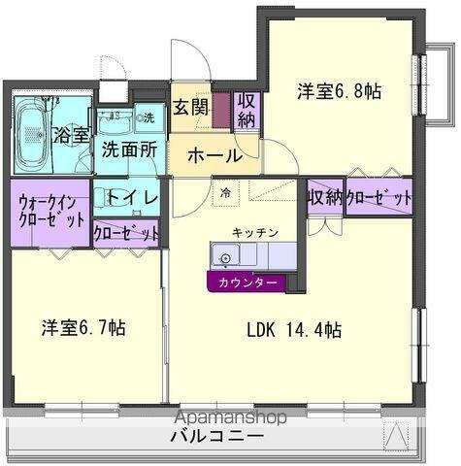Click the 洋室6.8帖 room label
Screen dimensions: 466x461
click(339, 92)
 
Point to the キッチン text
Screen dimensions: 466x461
click(255, 233)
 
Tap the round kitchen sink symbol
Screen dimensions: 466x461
click(225, 258)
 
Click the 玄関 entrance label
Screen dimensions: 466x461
click(190, 108)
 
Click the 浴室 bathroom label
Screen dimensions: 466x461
click(71, 134)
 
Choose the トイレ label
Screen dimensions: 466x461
click(125, 197)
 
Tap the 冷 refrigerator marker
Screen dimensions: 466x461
click(225, 192)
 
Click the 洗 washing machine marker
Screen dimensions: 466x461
click(148, 118)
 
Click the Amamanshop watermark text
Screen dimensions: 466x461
click(230, 418)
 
